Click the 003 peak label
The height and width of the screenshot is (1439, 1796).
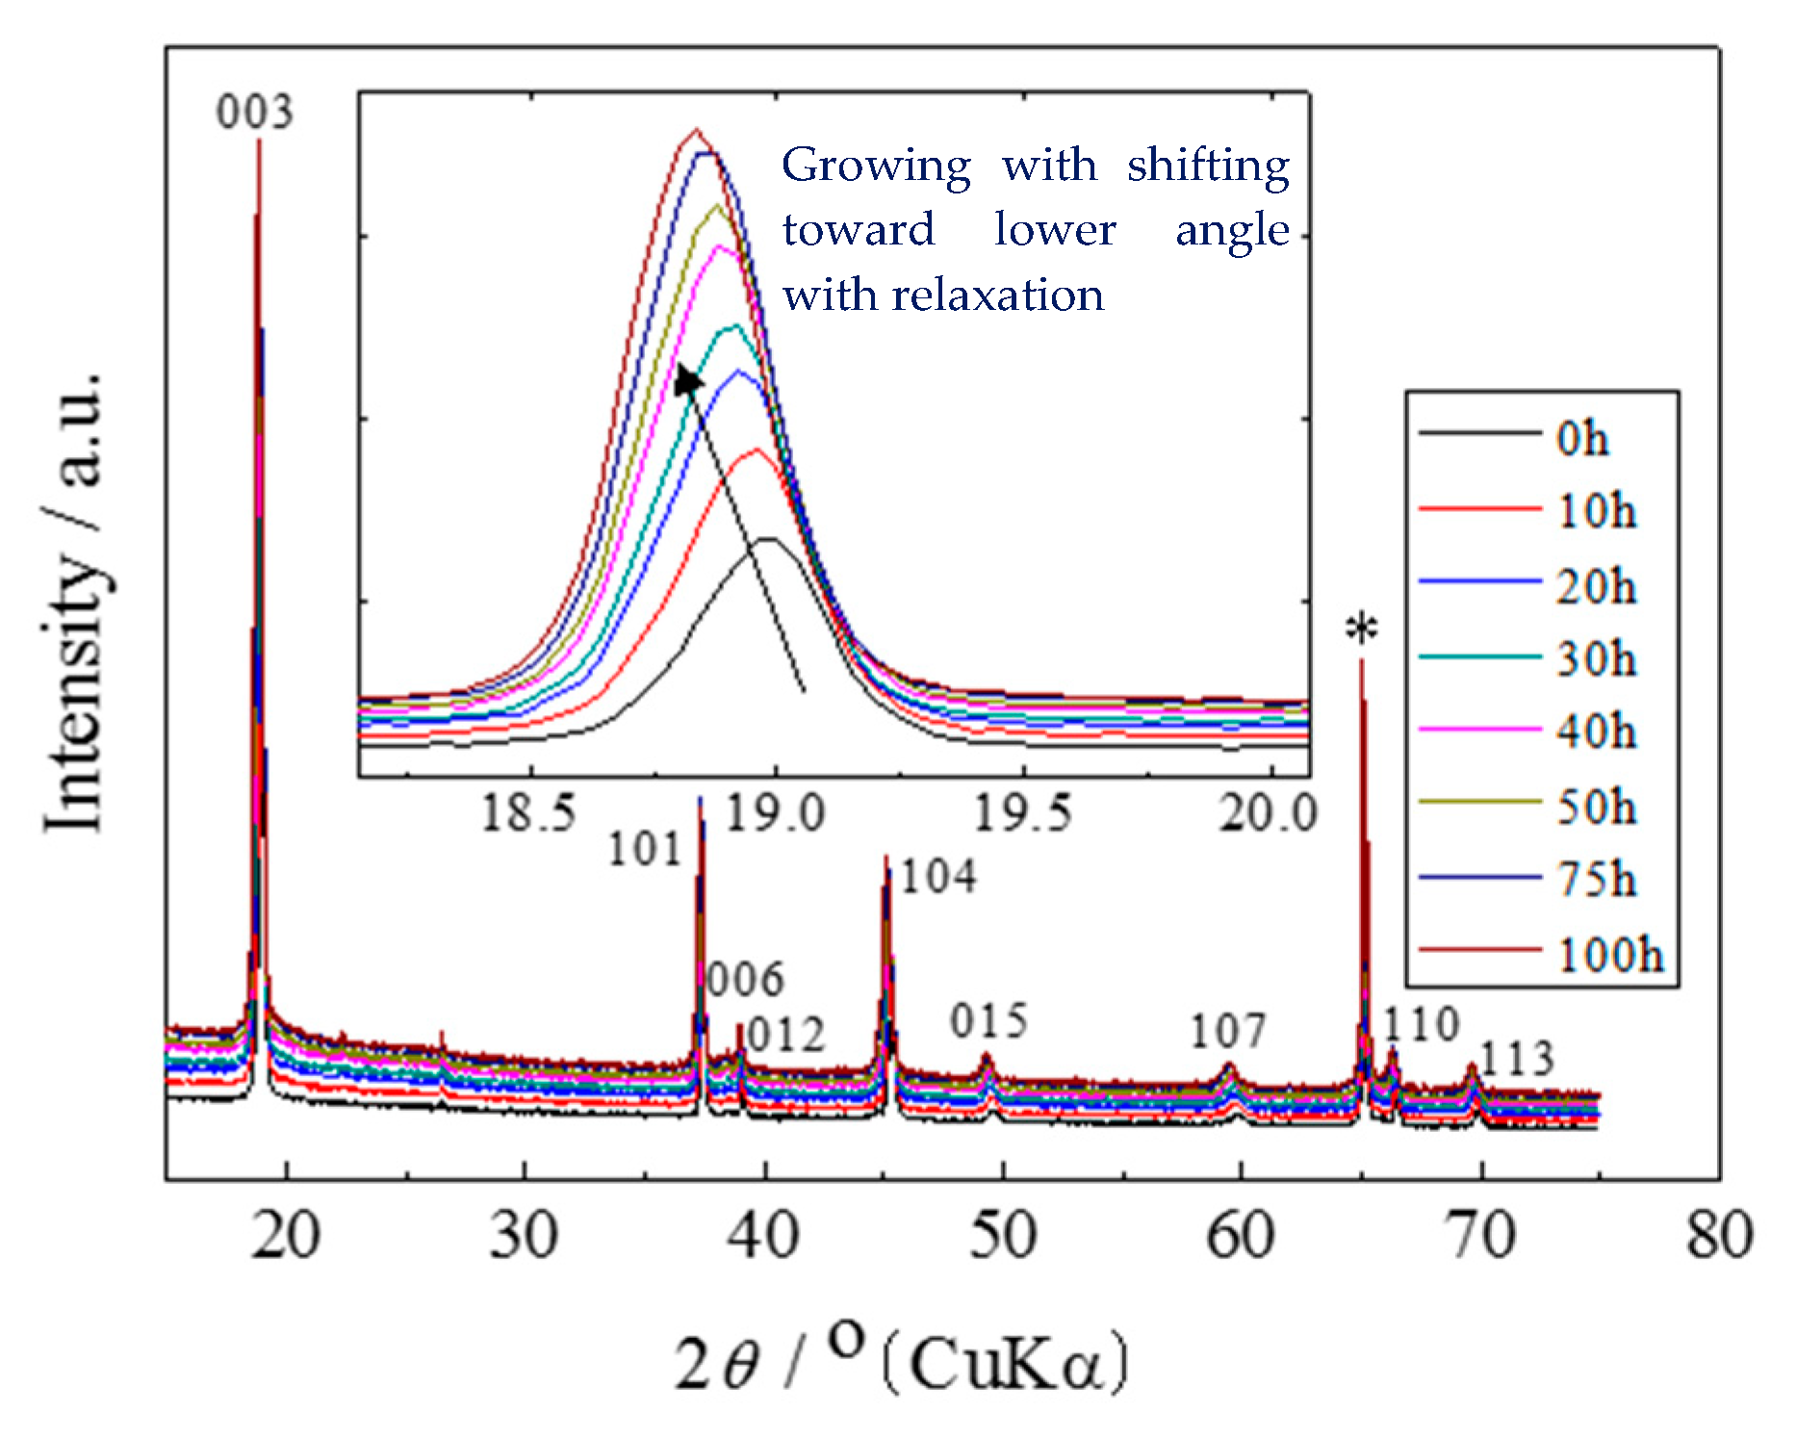coord(254,113)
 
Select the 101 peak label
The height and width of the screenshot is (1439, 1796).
coord(644,850)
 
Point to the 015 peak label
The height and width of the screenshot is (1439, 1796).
coord(988,1021)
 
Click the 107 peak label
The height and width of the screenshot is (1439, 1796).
coord(1228,1032)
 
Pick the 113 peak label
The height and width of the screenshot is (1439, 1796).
coord(1516,1059)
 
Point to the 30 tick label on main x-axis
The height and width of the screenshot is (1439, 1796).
coord(524,1235)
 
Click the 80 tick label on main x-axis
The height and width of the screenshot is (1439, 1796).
coord(1719,1235)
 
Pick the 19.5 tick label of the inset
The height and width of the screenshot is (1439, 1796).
coord(1022,813)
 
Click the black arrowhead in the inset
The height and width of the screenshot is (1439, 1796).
coord(687,381)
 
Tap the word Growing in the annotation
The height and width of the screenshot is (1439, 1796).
coord(876,166)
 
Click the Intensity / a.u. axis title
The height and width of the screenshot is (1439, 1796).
coord(74,602)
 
